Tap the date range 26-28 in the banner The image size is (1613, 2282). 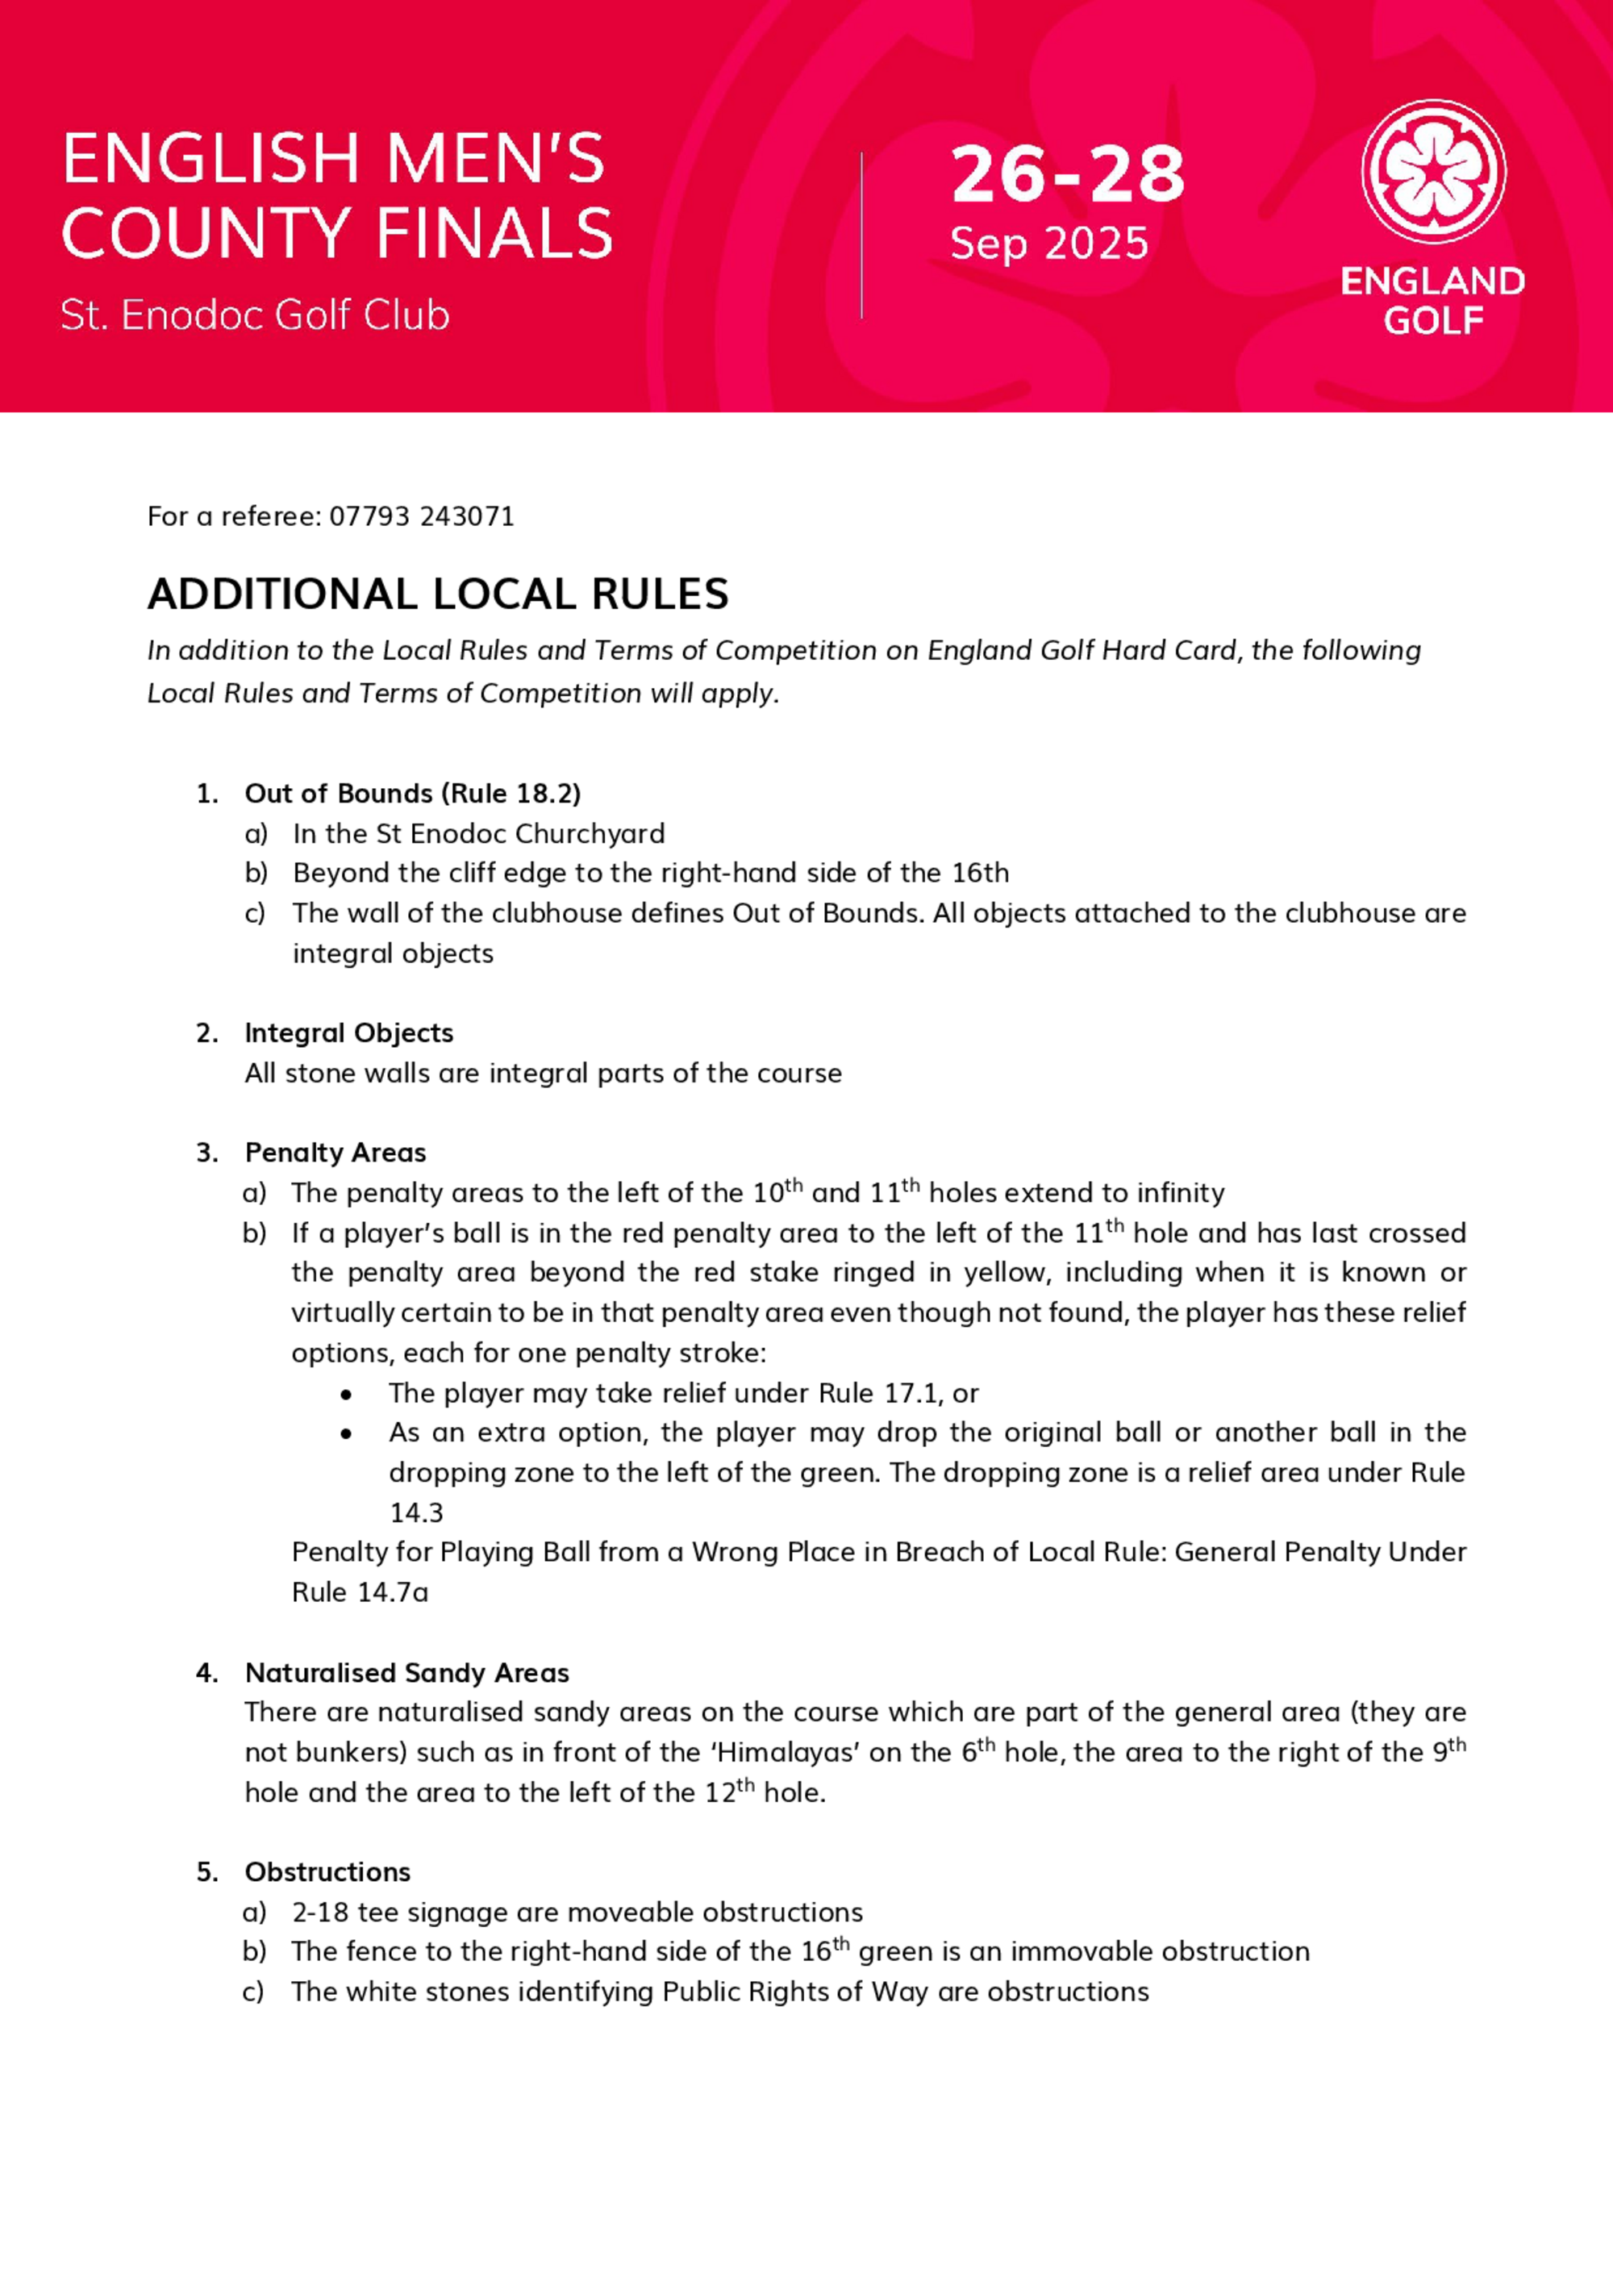pyautogui.click(x=1067, y=175)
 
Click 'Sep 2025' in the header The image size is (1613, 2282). pyautogui.click(x=1048, y=244)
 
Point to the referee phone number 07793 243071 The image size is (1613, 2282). pyautogui.click(x=421, y=517)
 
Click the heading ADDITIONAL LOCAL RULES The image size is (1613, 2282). pyautogui.click(x=438, y=594)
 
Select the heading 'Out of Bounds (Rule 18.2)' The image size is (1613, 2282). pyautogui.click(x=412, y=793)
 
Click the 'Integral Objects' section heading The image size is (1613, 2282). pyautogui.click(x=349, y=1033)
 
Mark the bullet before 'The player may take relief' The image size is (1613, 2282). pyautogui.click(x=346, y=1395)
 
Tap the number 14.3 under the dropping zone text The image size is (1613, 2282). pyautogui.click(x=415, y=1512)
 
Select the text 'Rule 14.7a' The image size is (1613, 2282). pyautogui.click(x=360, y=1592)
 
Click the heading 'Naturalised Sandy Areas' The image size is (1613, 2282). pyautogui.click(x=406, y=1673)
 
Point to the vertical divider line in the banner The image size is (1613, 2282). pyautogui.click(x=861, y=236)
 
